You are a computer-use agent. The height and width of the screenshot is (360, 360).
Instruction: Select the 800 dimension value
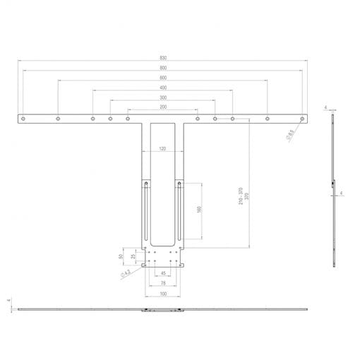[163, 68]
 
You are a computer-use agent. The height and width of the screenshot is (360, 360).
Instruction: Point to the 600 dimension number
[163, 78]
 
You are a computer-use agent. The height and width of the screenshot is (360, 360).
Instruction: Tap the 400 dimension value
[163, 88]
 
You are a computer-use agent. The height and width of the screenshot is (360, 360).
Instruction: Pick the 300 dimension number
[163, 97]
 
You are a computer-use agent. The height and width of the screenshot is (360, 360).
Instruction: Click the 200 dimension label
[163, 107]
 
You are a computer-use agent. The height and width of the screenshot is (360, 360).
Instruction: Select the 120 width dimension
[163, 149]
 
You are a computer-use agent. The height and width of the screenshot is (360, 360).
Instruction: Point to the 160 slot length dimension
[200, 211]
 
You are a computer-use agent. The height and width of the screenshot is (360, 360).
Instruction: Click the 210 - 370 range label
[241, 197]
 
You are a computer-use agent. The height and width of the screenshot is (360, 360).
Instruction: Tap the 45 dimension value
[163, 272]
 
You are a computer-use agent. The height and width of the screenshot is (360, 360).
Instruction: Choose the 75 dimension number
[163, 282]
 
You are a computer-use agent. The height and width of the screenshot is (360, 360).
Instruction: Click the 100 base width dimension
[163, 293]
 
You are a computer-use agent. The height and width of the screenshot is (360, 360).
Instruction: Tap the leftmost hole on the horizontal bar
[23, 119]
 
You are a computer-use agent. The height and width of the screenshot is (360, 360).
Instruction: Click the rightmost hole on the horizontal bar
[302, 119]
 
